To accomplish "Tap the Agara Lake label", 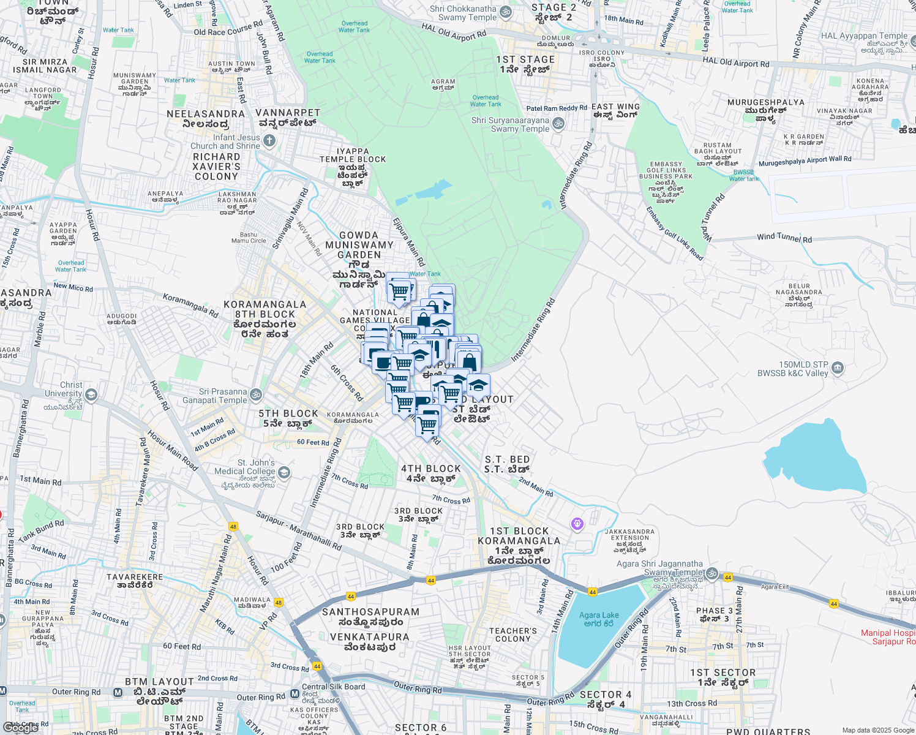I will (599, 619).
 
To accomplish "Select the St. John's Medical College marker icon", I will (283, 472).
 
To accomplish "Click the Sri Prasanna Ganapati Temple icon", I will (256, 395).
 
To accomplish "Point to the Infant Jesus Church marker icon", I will (269, 141).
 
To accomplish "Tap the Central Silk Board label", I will (334, 687).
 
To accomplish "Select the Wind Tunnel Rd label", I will (784, 237).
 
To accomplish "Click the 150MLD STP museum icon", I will (838, 368).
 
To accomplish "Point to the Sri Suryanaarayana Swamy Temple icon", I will (558, 124).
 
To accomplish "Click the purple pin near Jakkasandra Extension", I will (577, 524).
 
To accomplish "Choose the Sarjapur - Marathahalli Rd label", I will (299, 530).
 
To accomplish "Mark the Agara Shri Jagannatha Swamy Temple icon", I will (711, 573).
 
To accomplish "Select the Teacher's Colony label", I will (513, 635).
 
